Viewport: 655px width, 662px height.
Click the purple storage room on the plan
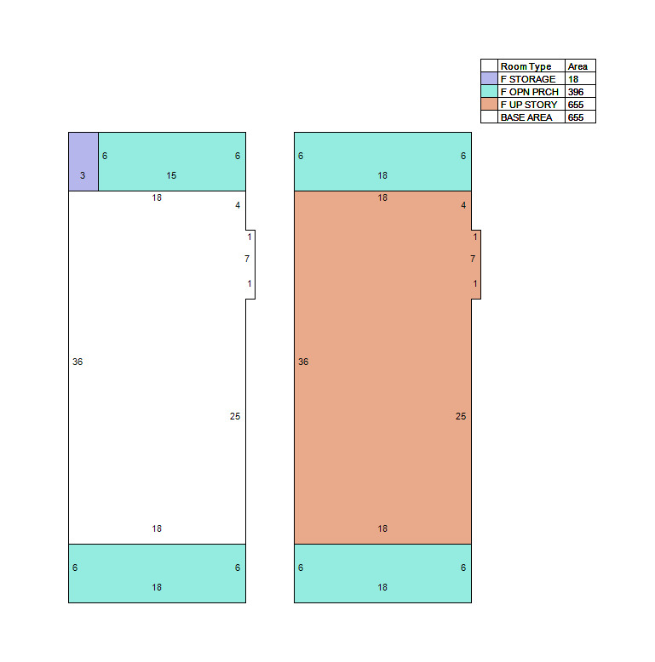pos(83,162)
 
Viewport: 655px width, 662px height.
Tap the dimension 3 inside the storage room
pos(83,175)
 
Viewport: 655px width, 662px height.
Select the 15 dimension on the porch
pos(171,175)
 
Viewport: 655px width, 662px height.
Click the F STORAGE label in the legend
pos(528,79)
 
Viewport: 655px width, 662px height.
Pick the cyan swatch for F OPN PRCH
pos(490,92)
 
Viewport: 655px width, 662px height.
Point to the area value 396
pos(576,92)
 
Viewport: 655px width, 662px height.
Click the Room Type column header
pos(526,66)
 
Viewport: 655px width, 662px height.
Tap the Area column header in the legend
pos(577,66)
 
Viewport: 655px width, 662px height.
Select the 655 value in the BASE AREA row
pos(576,117)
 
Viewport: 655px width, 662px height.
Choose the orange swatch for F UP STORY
pos(490,105)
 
